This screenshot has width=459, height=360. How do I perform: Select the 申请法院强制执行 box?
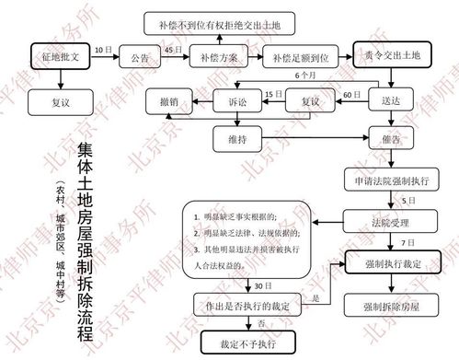point(389,180)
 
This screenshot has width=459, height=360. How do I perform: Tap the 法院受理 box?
point(389,222)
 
